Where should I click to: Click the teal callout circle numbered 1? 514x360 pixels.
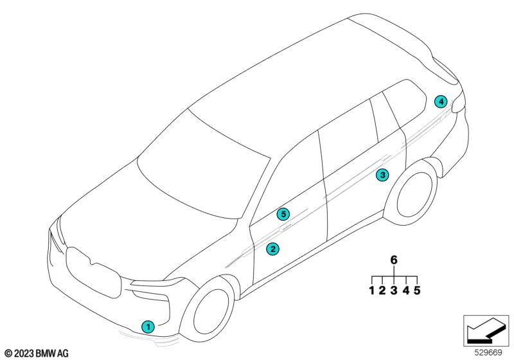pyautogui.click(x=148, y=327)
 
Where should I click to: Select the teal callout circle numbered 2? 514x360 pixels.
pyautogui.click(x=272, y=249)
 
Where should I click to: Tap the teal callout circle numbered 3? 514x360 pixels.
pyautogui.click(x=382, y=175)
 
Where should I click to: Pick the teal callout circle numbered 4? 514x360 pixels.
pyautogui.click(x=441, y=102)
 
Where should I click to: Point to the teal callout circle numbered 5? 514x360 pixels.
pyautogui.click(x=283, y=215)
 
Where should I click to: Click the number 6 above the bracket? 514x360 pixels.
pyautogui.click(x=394, y=260)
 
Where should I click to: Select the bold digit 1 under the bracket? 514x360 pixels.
pyautogui.click(x=372, y=290)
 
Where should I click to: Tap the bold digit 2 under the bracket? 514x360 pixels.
pyautogui.click(x=382, y=290)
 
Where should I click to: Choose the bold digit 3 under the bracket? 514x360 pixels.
pyautogui.click(x=394, y=290)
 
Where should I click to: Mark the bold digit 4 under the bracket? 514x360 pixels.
pyautogui.click(x=406, y=290)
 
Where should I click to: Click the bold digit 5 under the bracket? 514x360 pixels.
pyautogui.click(x=417, y=290)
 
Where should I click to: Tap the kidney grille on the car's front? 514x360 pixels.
pyautogui.click(x=93, y=273)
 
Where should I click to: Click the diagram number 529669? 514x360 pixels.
pyautogui.click(x=488, y=352)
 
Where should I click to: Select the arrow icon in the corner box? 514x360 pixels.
pyautogui.click(x=486, y=331)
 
